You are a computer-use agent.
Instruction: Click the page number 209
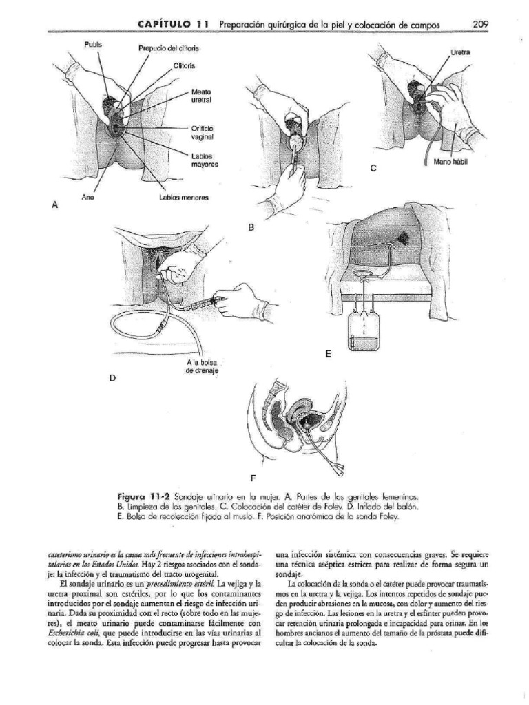[x=480, y=24]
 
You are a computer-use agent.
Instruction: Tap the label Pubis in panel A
[x=94, y=44]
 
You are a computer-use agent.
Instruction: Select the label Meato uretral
[x=201, y=96]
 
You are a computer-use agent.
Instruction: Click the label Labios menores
[x=183, y=198]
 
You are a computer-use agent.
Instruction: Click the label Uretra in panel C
[x=460, y=52]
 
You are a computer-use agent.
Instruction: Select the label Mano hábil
[x=450, y=163]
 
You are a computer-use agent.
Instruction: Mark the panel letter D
[x=113, y=378]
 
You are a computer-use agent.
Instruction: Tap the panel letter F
[x=253, y=477]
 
